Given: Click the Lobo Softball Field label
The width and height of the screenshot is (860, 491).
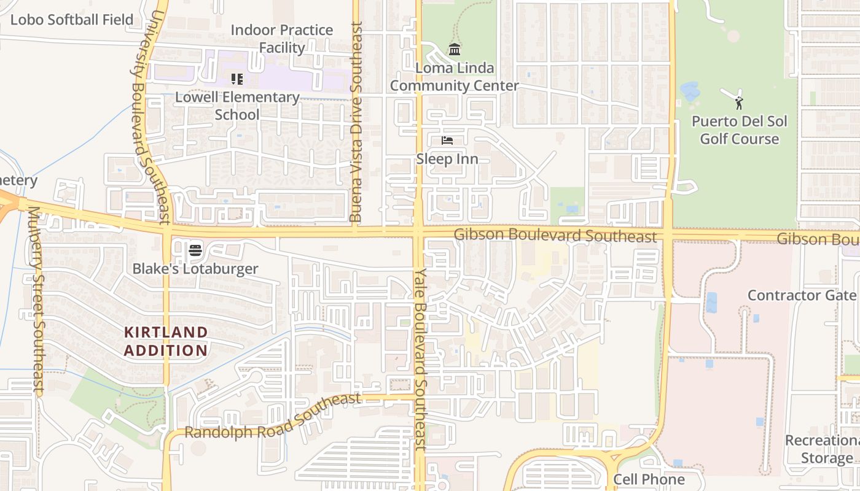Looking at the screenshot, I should click(72, 20).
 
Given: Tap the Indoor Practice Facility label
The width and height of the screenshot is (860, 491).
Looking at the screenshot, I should click(282, 39).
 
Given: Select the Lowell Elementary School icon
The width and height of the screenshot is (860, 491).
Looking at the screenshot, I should click(237, 79).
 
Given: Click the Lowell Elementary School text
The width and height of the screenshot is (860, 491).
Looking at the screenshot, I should click(237, 106).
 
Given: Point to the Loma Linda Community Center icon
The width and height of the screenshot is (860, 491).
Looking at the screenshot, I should click(455, 49).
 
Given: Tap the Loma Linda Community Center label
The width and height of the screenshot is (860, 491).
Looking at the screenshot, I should click(455, 77).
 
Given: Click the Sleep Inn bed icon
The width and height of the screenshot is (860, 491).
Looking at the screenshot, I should click(447, 141).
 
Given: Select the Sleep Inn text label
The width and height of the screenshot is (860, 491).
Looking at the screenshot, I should click(447, 159).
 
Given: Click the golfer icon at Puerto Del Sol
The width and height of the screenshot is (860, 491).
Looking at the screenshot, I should click(738, 102).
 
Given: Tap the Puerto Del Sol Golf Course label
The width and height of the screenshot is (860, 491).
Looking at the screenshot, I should click(740, 130).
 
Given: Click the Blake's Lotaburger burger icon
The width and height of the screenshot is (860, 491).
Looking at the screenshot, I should click(195, 250).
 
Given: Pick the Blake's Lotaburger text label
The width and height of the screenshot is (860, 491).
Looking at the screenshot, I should click(195, 268).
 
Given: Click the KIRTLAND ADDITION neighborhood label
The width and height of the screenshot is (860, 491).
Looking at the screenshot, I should click(166, 341).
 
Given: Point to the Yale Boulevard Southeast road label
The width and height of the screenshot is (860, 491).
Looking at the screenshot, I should click(420, 359).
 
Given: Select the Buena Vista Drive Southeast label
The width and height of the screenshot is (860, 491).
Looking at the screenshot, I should click(356, 123).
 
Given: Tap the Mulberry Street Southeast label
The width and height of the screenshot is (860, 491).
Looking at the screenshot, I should click(35, 301).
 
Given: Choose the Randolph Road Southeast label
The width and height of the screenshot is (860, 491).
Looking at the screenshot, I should click(273, 417).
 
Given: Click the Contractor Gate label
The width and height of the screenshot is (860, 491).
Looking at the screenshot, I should click(802, 295).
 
